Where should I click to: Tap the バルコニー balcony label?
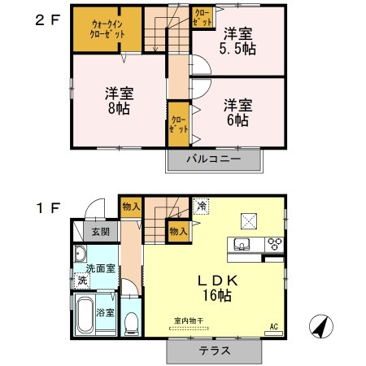pyautogui.click(x=216, y=159)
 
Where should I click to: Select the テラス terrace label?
pyautogui.click(x=216, y=351)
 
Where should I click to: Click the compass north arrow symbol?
pyautogui.click(x=323, y=327)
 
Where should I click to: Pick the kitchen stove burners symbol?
pyautogui.click(x=275, y=242)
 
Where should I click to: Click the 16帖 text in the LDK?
pyautogui.click(x=216, y=296)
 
